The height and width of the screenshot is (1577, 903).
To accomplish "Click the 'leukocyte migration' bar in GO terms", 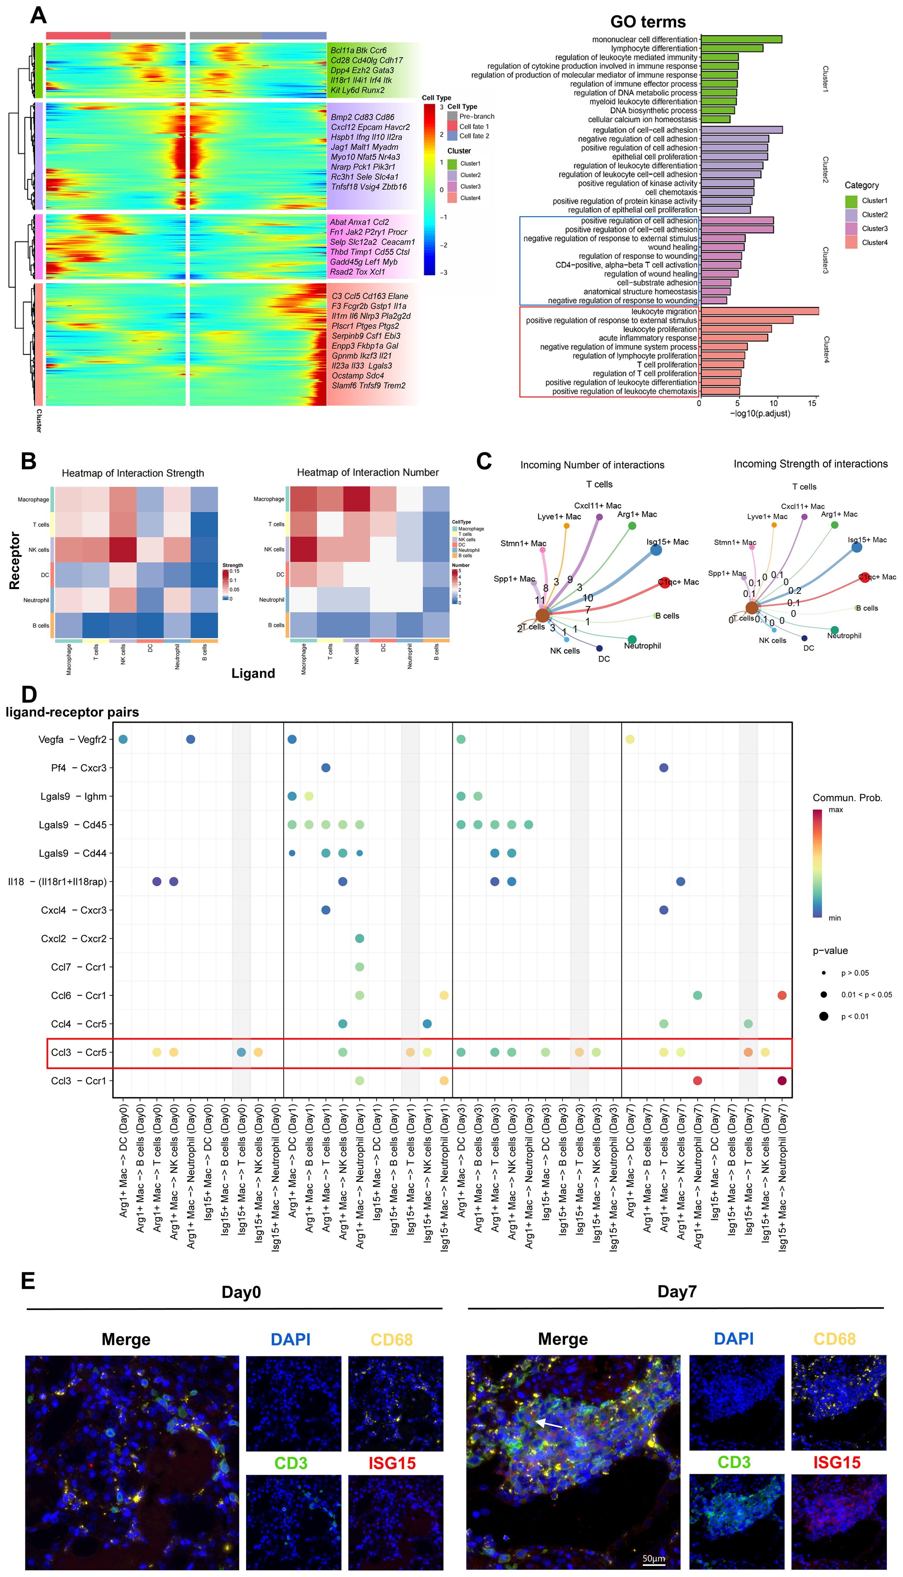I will pos(759,311).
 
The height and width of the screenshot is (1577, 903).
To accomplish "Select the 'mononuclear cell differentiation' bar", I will pos(741,39).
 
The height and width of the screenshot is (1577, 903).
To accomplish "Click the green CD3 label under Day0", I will pos(291,1463).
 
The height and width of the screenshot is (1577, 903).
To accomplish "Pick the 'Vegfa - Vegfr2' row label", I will pos(72,740).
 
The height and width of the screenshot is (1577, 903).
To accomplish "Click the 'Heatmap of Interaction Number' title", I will pos(368,473).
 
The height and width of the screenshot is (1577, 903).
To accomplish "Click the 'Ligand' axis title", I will pos(253,674).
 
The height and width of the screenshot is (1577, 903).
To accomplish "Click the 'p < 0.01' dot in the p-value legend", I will pos(824,1016).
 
